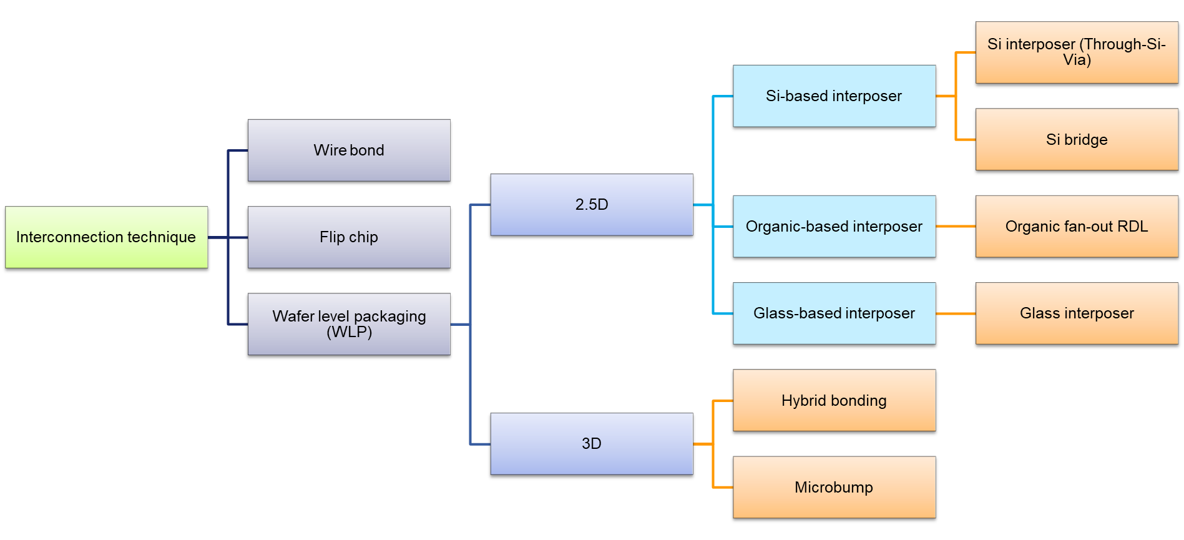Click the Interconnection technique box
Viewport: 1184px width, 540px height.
click(106, 237)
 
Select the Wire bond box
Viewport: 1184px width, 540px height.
click(349, 150)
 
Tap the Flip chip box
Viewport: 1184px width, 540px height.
click(349, 237)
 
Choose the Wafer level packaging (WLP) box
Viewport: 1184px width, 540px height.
click(349, 324)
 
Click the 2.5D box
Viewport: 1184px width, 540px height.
click(591, 205)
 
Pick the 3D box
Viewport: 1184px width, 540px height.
click(591, 444)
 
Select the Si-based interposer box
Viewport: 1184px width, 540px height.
click(834, 96)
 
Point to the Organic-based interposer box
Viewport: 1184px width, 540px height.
click(834, 227)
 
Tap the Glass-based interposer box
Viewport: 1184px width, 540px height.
click(834, 313)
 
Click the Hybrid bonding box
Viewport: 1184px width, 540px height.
click(834, 400)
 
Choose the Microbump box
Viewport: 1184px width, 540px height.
click(834, 487)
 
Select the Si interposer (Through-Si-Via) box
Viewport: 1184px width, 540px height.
click(1077, 52)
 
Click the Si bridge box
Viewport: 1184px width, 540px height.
click(1077, 139)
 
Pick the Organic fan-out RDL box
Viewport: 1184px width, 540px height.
click(1077, 227)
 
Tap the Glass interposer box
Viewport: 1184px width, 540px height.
click(1077, 313)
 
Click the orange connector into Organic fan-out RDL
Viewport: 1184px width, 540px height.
click(956, 227)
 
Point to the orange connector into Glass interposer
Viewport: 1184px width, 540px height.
click(956, 313)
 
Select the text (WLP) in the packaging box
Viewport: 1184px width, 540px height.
click(349, 332)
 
